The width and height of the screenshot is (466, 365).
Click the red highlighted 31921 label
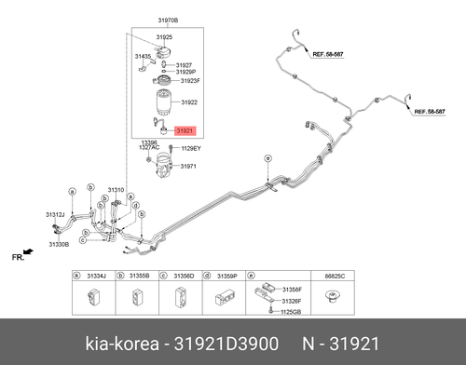click(185, 131)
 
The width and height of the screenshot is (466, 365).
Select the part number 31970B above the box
click(168, 20)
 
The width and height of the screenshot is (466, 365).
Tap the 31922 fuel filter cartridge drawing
click(163, 102)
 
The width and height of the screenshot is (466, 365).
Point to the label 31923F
click(190, 81)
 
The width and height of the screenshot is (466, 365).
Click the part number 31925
click(164, 37)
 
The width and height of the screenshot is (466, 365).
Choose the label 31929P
click(185, 72)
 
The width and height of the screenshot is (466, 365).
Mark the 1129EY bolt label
click(191, 149)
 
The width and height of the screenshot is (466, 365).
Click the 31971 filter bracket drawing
click(163, 165)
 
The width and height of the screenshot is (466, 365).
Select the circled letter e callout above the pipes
click(267, 158)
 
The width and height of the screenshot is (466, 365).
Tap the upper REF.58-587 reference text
click(328, 54)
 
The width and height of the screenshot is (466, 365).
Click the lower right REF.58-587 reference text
click(430, 112)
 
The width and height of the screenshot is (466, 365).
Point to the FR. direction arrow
click(28, 251)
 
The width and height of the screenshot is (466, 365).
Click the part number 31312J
click(55, 215)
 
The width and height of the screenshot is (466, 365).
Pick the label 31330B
click(59, 245)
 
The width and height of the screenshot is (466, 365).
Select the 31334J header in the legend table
click(96, 276)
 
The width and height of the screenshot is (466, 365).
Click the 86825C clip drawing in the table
click(333, 297)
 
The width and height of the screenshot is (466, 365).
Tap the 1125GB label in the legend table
click(291, 312)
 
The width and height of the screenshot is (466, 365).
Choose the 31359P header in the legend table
click(227, 276)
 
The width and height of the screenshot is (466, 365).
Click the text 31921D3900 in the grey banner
click(226, 344)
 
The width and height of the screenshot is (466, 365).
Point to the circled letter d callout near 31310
click(136, 206)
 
